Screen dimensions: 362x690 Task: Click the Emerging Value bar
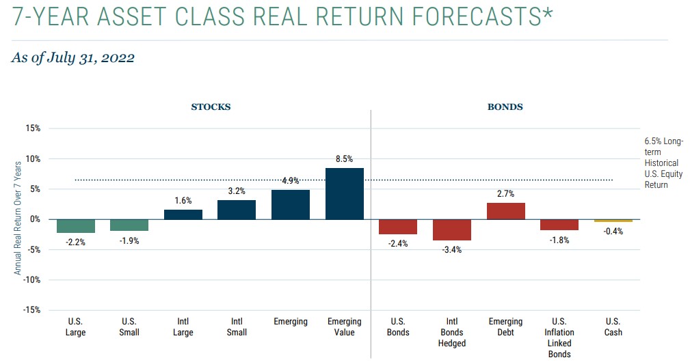click(345, 194)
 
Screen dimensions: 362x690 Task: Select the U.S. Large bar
click(76, 226)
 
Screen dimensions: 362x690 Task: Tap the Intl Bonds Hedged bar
click(452, 230)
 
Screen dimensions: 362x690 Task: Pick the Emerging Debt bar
click(506, 211)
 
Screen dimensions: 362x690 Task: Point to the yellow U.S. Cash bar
click(613, 221)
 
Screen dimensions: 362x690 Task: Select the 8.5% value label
click(344, 159)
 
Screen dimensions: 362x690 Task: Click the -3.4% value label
click(452, 249)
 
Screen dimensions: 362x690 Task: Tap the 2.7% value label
click(506, 194)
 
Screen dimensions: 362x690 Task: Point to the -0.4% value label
click(613, 231)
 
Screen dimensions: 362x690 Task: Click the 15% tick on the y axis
click(33, 128)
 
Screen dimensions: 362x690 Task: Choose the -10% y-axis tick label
click(31, 280)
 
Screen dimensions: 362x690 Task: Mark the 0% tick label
click(35, 219)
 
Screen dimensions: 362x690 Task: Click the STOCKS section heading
click(211, 107)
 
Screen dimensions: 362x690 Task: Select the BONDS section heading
click(505, 107)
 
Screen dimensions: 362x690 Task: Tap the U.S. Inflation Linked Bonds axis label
click(559, 337)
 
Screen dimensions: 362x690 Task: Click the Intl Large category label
click(183, 327)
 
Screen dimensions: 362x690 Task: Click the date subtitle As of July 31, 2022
click(73, 58)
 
